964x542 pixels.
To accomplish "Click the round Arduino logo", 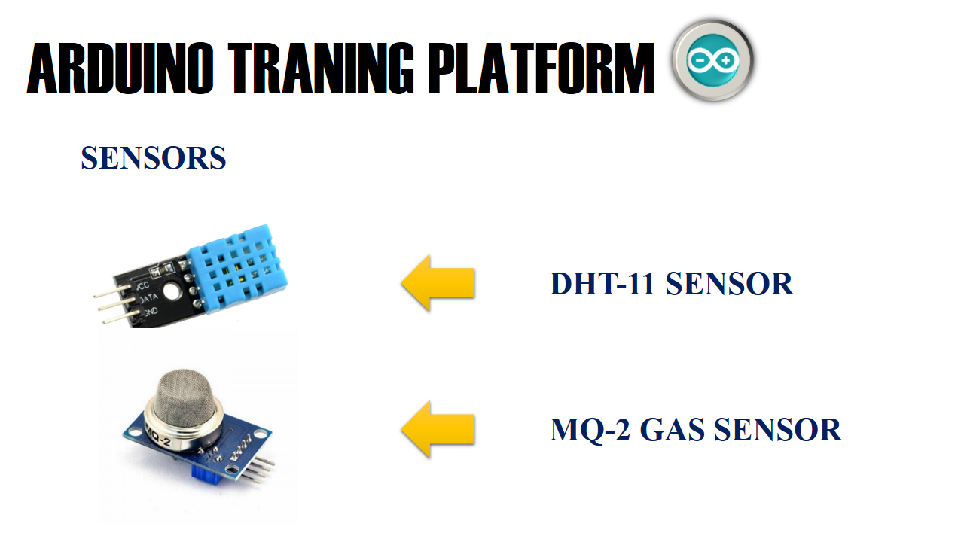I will click(712, 59).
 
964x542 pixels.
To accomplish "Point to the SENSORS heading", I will click(154, 158).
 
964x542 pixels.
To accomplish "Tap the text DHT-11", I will click(602, 284).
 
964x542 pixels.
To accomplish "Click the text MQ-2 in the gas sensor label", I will click(590, 430).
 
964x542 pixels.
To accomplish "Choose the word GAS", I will click(673, 430).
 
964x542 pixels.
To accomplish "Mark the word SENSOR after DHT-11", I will click(729, 284).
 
